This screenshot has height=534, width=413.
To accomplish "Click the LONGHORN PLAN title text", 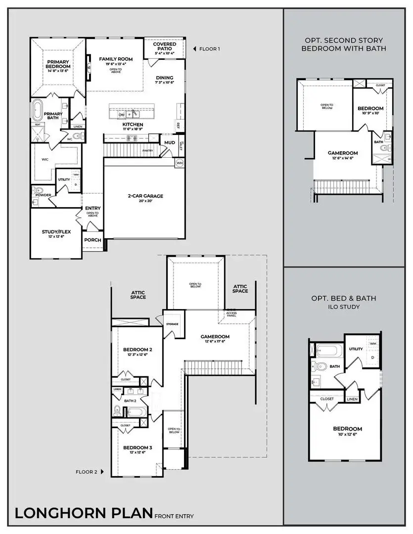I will tap(83, 513).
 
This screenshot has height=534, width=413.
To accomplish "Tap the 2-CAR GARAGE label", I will tap(145, 196).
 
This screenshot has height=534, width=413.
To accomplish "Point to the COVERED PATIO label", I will tap(164, 46).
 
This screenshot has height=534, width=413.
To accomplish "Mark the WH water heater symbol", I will tap(180, 162).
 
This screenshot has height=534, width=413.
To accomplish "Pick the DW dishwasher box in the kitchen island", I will tap(122, 114).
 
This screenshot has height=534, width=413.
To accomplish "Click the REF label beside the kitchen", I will tap(178, 125).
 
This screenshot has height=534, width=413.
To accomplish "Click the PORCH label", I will tap(92, 240).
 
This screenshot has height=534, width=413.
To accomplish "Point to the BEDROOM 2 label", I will tap(137, 350).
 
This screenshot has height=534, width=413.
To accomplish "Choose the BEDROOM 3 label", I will tap(137, 447).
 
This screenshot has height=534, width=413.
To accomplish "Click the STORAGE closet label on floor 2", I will tap(172, 324).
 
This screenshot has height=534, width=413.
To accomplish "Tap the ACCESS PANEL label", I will tap(231, 314).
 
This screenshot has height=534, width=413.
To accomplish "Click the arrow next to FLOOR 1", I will tap(194, 49).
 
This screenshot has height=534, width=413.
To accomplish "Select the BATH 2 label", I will tap(130, 400).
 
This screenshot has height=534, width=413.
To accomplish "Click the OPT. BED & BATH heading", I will tap(343, 298).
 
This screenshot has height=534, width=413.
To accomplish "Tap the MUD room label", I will tap(170, 142).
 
